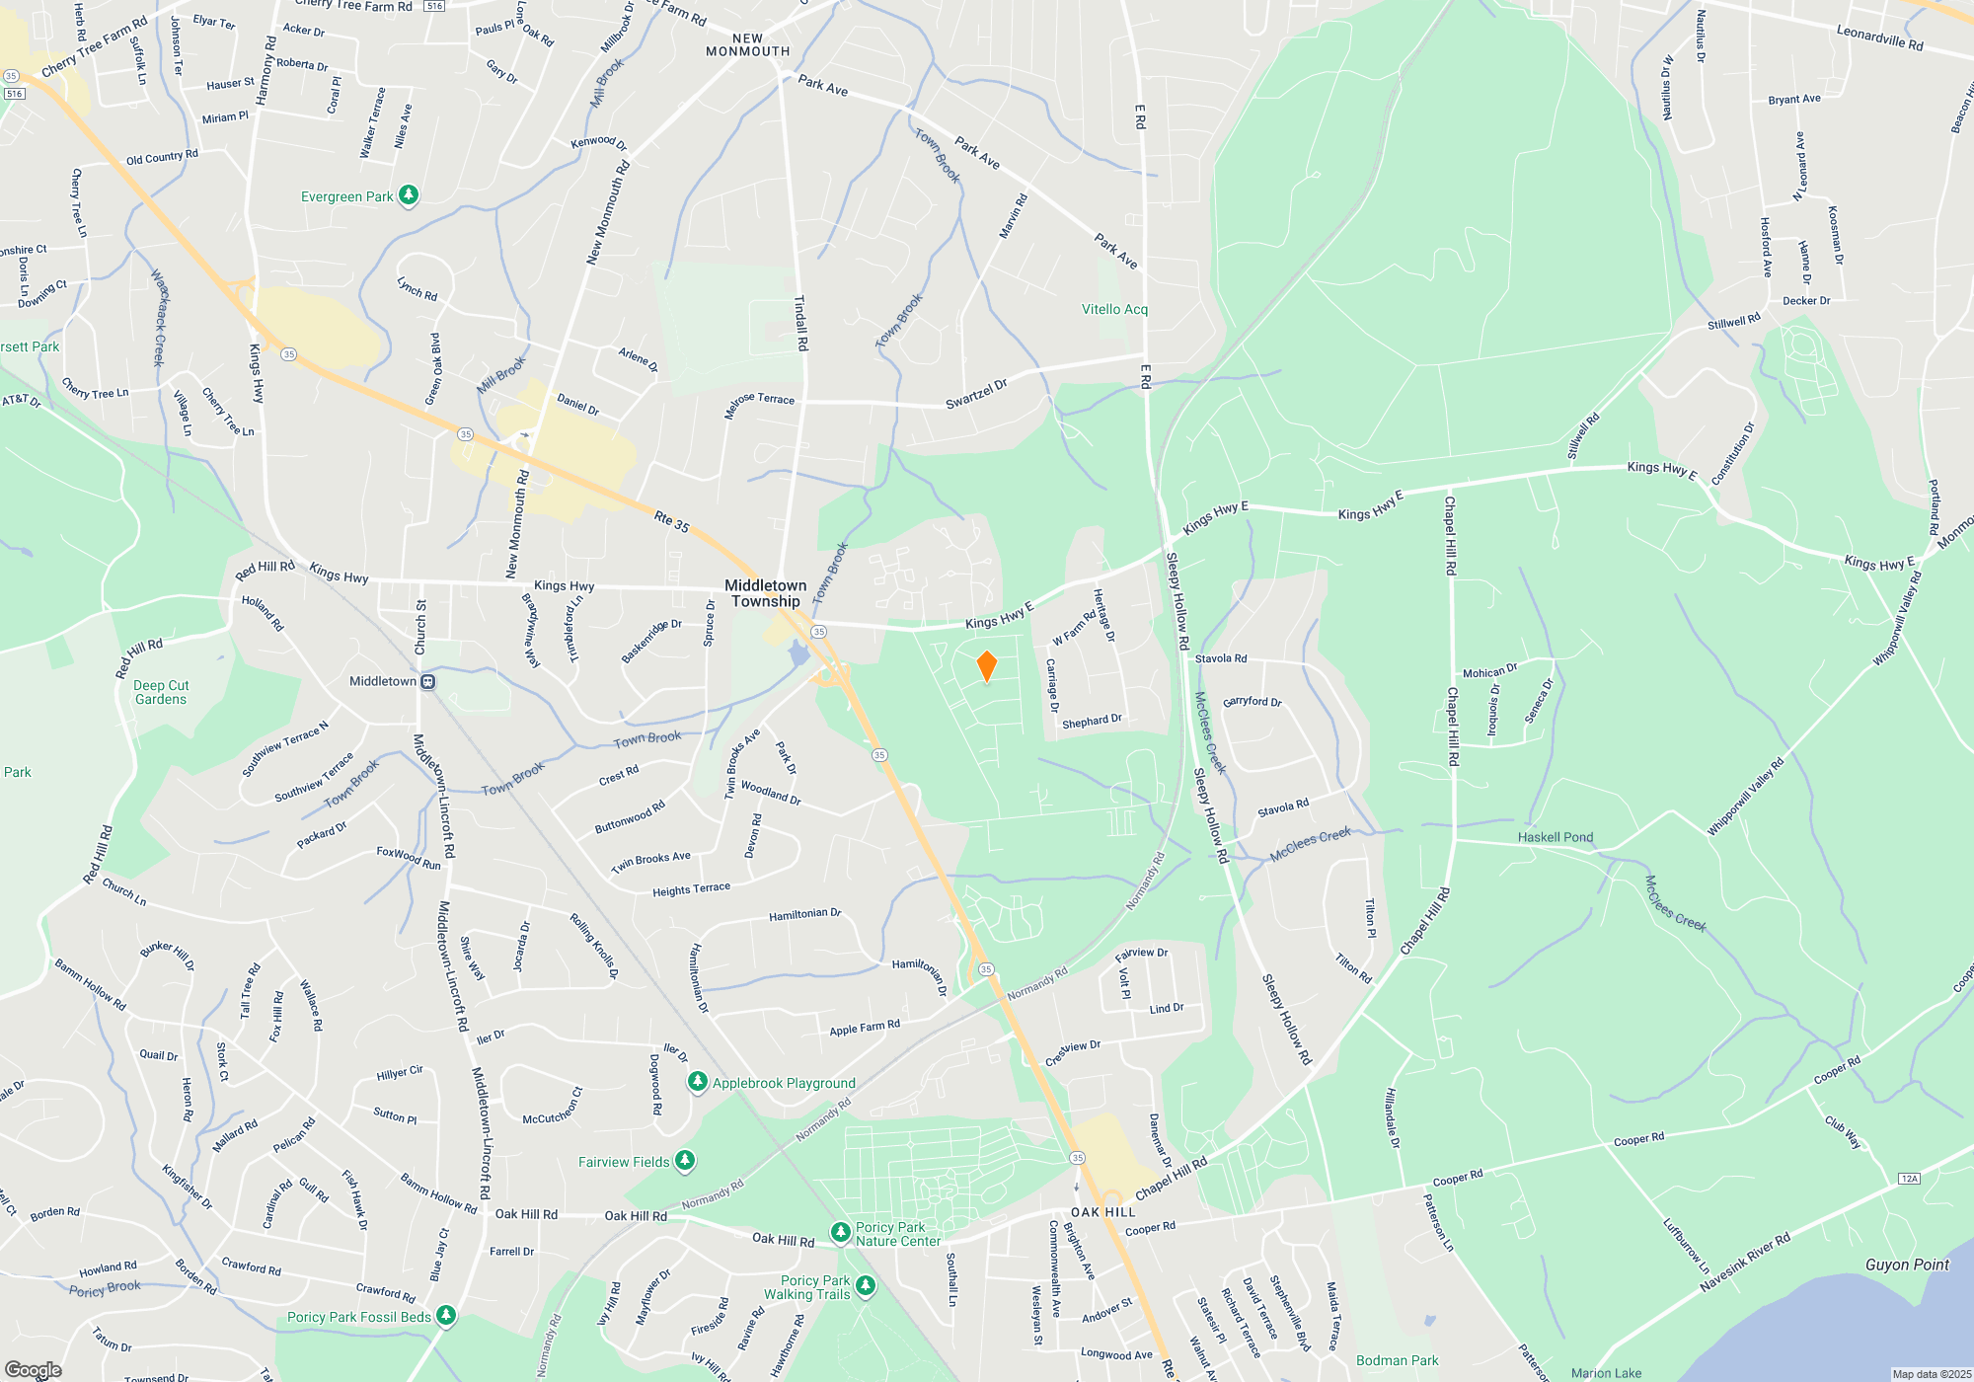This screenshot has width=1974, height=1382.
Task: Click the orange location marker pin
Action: [x=986, y=666]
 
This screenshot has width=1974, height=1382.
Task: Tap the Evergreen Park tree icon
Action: [x=408, y=195]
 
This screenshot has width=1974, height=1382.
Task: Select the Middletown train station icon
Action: [x=427, y=681]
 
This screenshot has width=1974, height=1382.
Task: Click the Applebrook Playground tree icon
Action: [x=698, y=1083]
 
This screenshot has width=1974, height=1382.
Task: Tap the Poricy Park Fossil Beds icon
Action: [x=446, y=1316]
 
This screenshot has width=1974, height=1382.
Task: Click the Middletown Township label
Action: [x=766, y=593]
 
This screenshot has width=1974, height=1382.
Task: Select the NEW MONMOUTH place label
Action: [x=748, y=45]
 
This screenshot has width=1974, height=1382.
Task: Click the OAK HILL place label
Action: [x=1103, y=1212]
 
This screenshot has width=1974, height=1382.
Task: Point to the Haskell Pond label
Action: [x=1556, y=837]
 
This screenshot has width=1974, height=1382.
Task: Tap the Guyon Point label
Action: [x=1907, y=1265]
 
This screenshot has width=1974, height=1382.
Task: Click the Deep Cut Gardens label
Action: [x=161, y=692]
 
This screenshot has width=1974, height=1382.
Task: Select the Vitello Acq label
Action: [x=1114, y=309]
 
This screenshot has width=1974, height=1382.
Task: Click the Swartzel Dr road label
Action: [x=976, y=393]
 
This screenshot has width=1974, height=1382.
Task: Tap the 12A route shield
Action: [x=1909, y=1179]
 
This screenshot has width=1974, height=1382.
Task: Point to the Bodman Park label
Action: [x=1397, y=1360]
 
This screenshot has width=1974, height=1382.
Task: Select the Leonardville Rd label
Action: [x=1879, y=38]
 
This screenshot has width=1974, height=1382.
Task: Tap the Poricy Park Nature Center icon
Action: [x=840, y=1232]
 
